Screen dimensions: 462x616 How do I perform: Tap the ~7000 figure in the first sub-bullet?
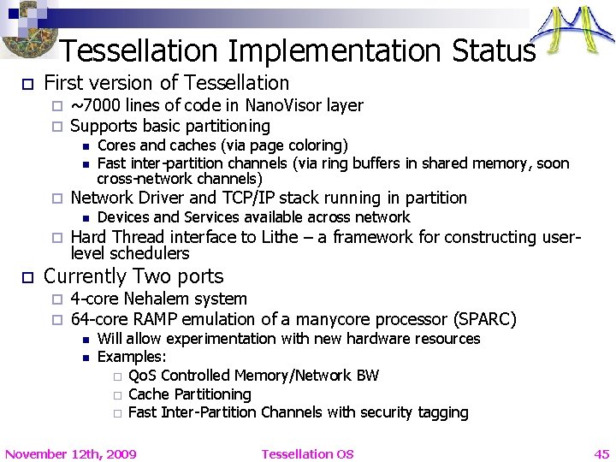coord(96,106)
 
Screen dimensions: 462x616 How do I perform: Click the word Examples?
coord(133,357)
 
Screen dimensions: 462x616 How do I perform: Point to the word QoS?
coord(142,376)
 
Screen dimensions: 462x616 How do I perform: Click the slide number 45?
coord(601,453)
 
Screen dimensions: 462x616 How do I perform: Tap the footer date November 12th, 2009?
coord(71,453)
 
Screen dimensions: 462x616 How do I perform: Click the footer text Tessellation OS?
coord(307,453)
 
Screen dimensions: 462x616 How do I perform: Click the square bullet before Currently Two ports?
coord(27,277)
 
